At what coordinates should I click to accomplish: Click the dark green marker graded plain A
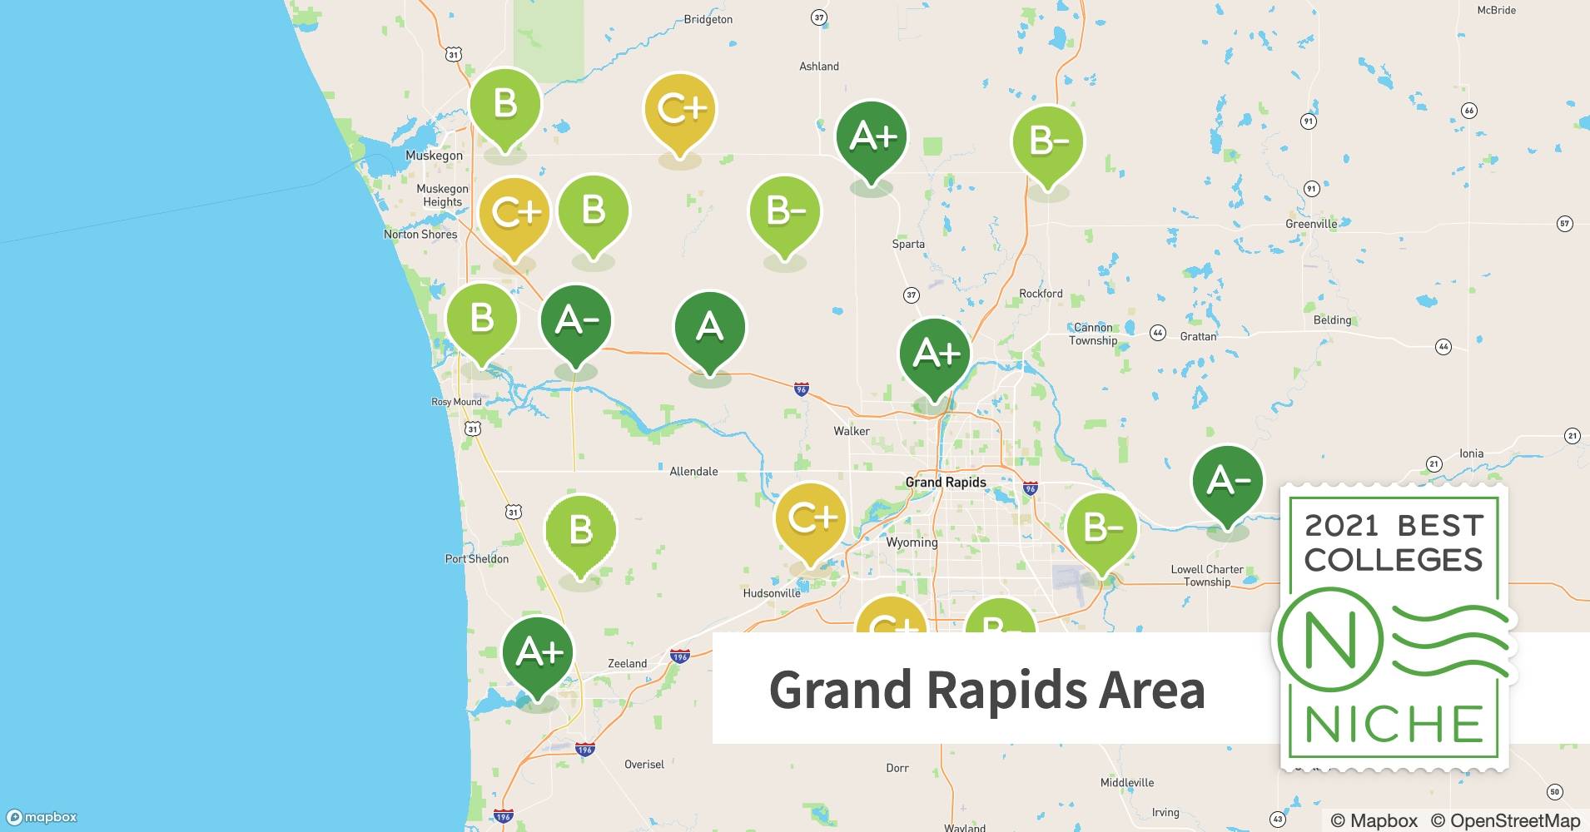709,327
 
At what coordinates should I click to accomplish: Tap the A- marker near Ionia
1227,481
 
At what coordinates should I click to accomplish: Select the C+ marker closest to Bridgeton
680,108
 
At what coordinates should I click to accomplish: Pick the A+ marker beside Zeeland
539,653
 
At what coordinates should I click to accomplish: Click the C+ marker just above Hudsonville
811,519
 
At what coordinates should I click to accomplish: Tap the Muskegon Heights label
442,196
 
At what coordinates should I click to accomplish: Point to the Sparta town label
908,244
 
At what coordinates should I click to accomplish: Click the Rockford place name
1041,294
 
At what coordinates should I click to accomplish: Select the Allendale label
693,472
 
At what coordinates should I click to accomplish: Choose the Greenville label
1311,224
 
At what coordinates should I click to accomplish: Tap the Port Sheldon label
476,559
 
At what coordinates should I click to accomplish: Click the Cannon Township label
1093,334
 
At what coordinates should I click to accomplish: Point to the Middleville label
1127,783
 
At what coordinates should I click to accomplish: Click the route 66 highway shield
1469,111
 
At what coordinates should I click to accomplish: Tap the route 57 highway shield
1564,224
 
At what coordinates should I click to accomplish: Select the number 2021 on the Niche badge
1339,526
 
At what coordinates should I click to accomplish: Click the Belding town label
1332,320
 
